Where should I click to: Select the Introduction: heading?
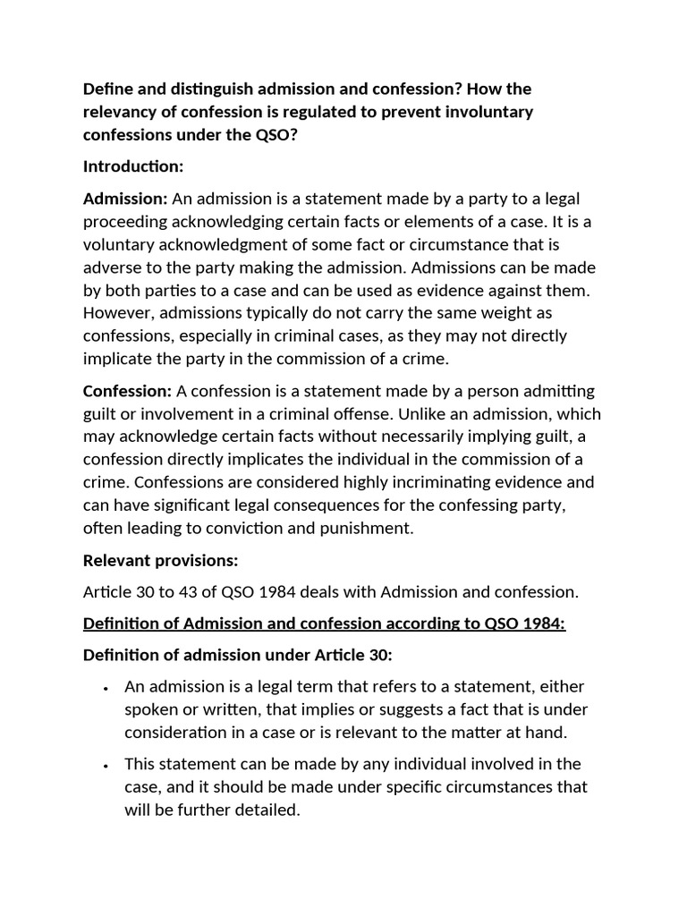(x=133, y=166)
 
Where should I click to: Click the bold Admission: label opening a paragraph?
(x=125, y=198)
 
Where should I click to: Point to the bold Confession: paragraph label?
(x=127, y=391)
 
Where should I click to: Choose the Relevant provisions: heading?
(x=160, y=561)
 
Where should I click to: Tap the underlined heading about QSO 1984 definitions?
(x=324, y=623)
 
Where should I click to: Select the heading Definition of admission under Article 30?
(x=237, y=655)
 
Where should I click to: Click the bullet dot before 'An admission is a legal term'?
(x=106, y=688)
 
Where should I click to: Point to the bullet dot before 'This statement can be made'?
(x=106, y=766)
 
